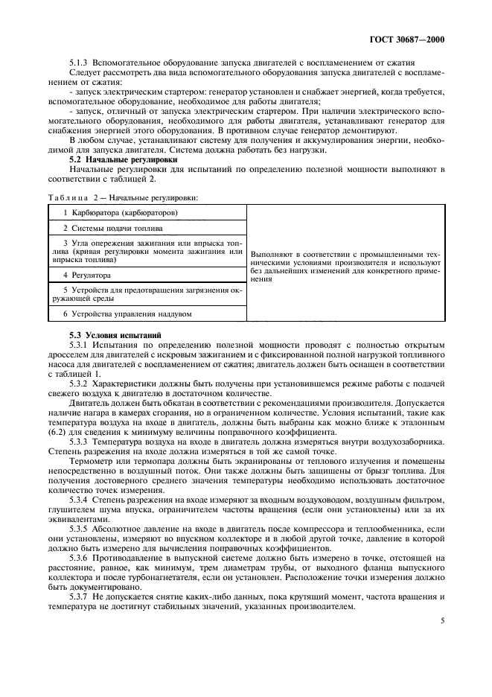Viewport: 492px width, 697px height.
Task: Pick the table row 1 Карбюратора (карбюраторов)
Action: tap(121, 213)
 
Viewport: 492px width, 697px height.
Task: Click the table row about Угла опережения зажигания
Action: tap(149, 252)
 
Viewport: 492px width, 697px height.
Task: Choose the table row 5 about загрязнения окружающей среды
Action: tap(149, 294)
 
